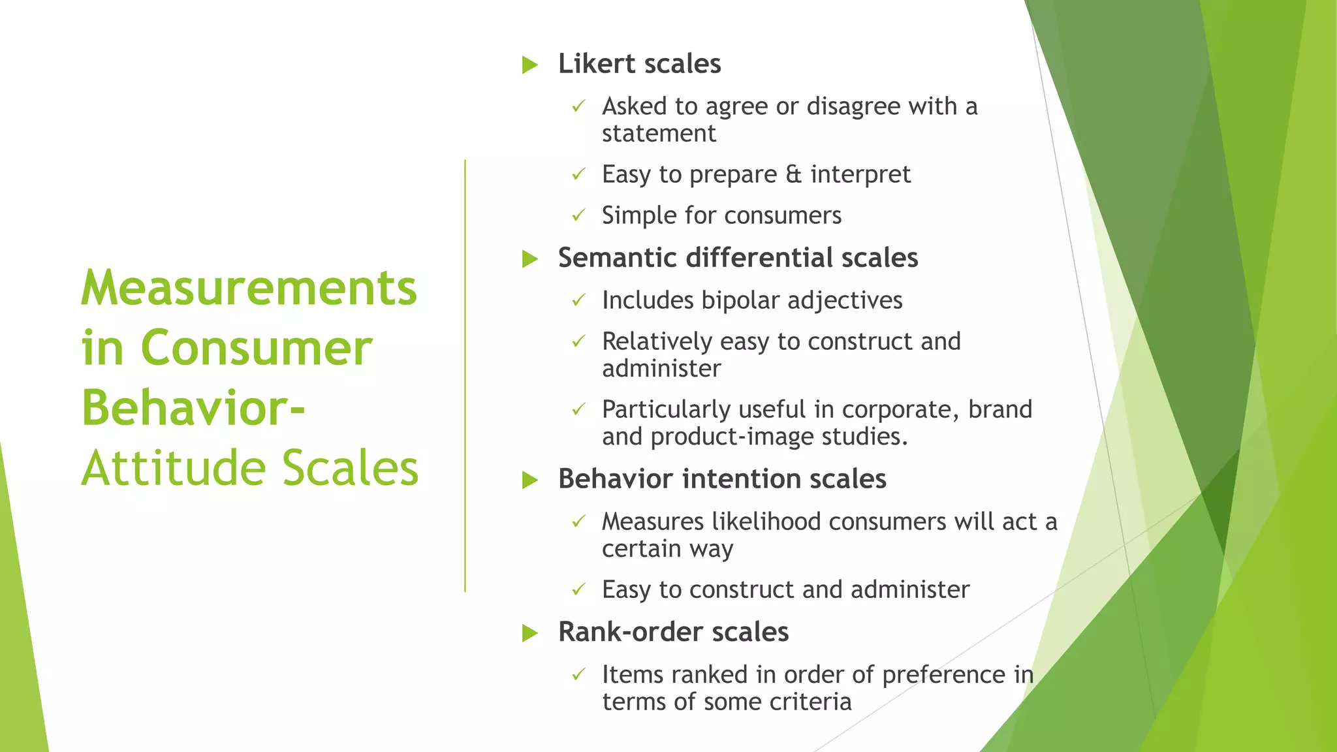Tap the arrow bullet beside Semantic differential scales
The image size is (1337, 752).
coord(529,259)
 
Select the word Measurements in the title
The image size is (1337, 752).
coord(249,288)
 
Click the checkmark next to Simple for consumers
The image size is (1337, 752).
coord(578,215)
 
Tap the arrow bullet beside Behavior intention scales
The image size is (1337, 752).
coord(529,480)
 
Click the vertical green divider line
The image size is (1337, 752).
coord(465,375)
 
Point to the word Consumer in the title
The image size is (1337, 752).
coord(256,348)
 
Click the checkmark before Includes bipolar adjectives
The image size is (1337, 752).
coord(578,300)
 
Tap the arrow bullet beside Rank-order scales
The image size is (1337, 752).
coord(529,633)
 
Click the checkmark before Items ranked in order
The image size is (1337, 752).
coord(578,674)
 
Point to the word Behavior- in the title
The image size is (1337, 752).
coord(193,408)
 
